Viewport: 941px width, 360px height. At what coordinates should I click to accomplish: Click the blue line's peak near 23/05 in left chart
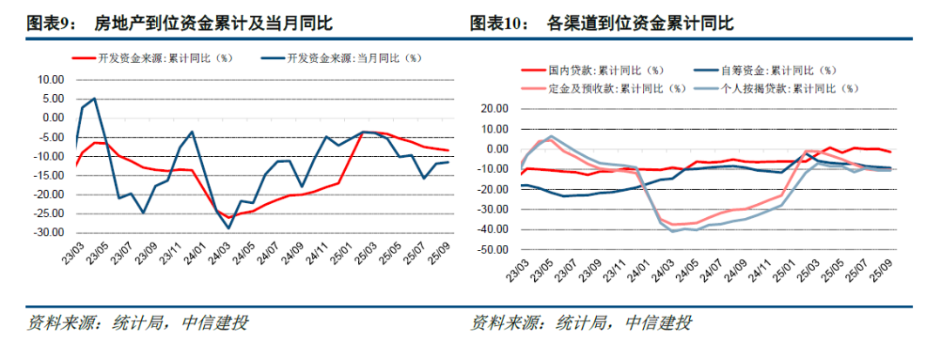94,98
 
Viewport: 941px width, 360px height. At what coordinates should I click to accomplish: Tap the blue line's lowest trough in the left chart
229,228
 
